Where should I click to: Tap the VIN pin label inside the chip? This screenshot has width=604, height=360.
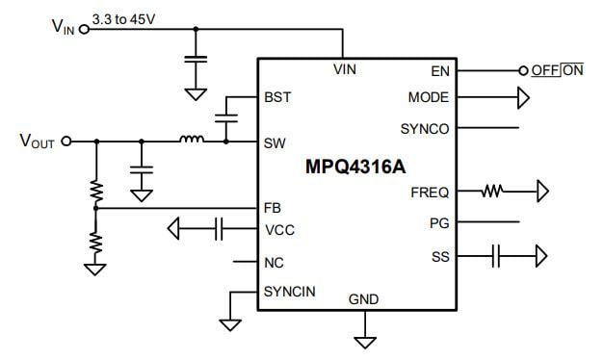click(345, 70)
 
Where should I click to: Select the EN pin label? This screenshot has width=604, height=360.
click(439, 70)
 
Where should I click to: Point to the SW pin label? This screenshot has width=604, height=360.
click(275, 142)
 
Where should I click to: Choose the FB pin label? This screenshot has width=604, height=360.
click(273, 208)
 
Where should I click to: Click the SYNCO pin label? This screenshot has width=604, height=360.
click(425, 128)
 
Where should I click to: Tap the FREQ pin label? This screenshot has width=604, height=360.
click(429, 193)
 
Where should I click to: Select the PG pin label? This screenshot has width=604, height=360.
click(439, 222)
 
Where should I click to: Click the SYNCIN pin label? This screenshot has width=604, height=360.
click(288, 291)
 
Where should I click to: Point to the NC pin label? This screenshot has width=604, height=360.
click(274, 261)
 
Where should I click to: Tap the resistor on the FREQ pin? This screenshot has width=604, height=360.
click(493, 193)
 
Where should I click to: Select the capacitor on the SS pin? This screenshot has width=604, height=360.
click(496, 256)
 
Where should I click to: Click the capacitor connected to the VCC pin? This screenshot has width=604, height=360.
click(219, 229)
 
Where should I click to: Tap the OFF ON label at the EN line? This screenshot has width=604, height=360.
click(558, 70)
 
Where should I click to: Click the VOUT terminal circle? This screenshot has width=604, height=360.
click(67, 141)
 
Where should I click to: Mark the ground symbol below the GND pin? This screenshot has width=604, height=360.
click(364, 340)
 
